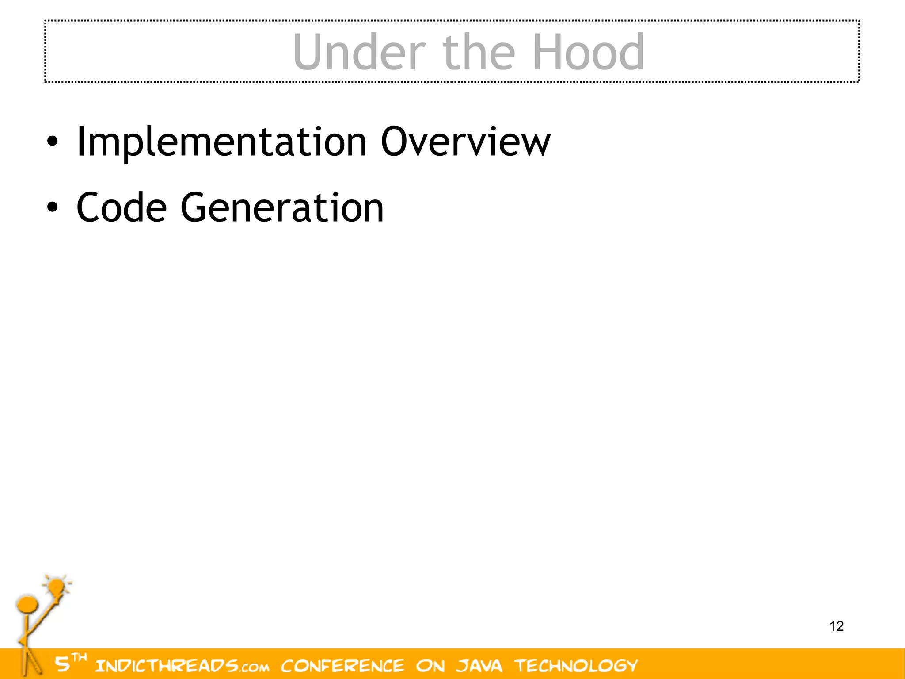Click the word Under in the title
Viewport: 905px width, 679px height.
coord(359,52)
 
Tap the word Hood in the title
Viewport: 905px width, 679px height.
coord(588,52)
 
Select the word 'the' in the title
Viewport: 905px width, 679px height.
coord(479,52)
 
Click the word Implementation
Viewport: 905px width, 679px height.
coord(221,142)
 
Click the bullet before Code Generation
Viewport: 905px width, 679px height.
coord(52,207)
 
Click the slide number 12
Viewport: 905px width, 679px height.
coord(837,626)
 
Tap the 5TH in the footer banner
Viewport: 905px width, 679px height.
coord(70,663)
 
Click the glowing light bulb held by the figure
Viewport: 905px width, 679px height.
coord(56,587)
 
